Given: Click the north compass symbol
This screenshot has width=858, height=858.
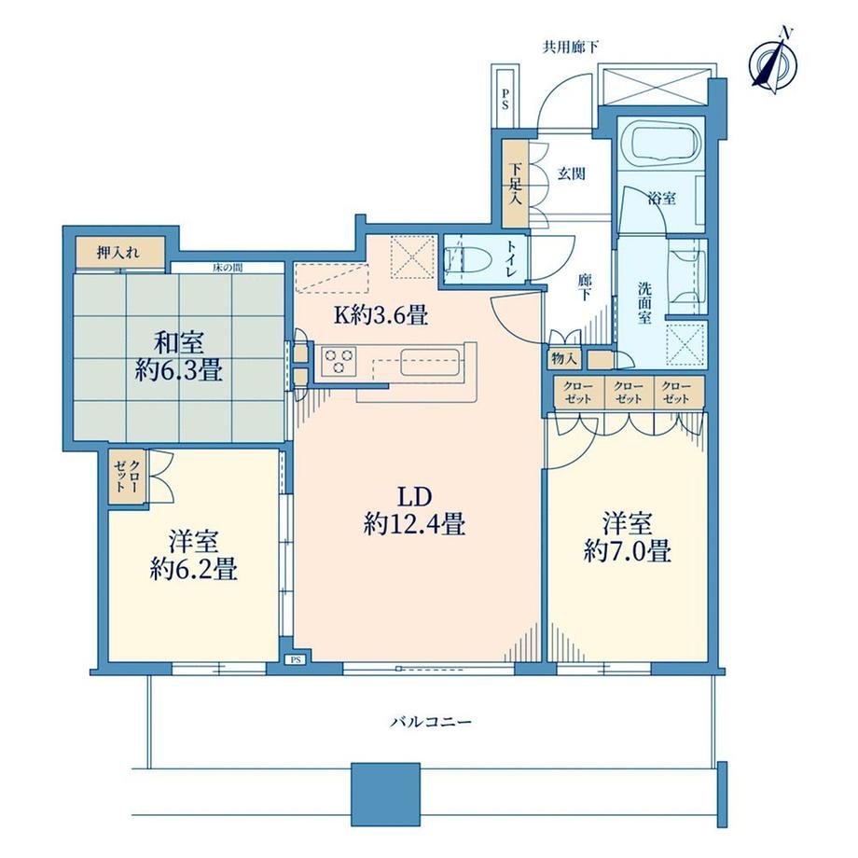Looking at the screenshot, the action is point(774,62).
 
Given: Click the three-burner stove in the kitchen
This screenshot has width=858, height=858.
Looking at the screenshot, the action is point(339,362).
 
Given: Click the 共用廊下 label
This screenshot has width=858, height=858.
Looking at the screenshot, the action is point(570,47).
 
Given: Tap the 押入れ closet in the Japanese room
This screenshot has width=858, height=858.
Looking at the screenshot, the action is point(119,253).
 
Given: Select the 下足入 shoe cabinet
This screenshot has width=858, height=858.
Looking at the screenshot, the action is point(515,184).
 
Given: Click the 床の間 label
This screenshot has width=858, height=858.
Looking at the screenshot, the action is point(228,269).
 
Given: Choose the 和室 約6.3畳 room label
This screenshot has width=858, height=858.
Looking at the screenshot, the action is point(179,357).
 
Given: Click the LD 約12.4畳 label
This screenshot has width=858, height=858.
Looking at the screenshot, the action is point(414,511).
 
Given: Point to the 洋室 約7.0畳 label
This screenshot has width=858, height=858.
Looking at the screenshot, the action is point(627,537).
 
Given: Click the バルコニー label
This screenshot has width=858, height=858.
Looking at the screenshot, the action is point(431,722).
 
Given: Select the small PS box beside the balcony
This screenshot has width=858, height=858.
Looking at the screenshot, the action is point(296,660).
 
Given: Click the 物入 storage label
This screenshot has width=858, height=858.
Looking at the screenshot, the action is point(564,359).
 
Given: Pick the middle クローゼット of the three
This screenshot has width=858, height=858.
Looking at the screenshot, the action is point(629,393).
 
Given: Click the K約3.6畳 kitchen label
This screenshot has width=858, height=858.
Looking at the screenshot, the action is point(381,316).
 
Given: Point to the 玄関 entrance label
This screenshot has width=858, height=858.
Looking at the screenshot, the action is point(572,174).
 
